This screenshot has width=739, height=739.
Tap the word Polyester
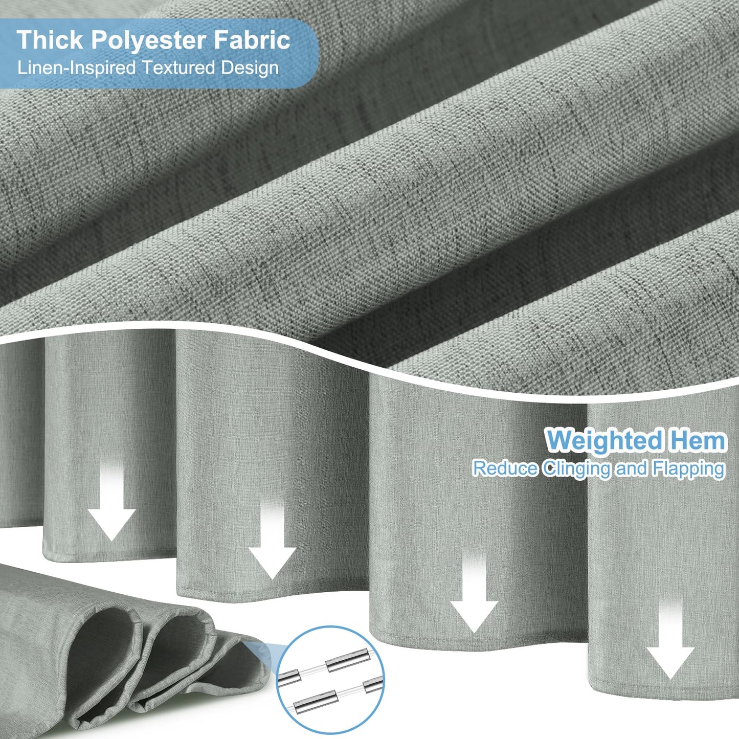pyautogui.click(x=148, y=40)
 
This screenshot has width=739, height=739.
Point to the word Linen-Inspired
pyautogui.click(x=77, y=68)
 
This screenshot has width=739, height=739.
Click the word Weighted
pyautogui.click(x=604, y=441)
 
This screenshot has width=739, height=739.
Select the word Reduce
pyautogui.click(x=505, y=468)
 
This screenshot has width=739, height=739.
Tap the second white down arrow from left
pyautogui.click(x=272, y=537)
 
